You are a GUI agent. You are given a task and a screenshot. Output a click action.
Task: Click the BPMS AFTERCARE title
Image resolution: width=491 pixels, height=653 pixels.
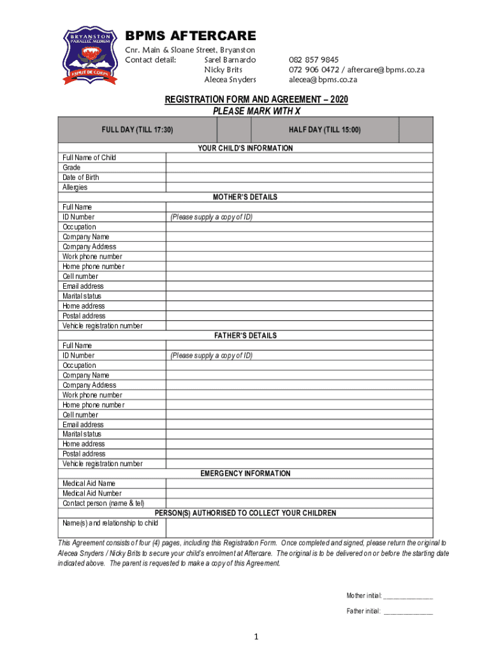click(x=190, y=36)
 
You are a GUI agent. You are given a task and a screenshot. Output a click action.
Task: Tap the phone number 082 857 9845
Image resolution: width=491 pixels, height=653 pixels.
click(x=314, y=59)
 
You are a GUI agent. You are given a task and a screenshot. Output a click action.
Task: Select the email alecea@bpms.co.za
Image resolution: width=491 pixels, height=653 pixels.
click(x=323, y=80)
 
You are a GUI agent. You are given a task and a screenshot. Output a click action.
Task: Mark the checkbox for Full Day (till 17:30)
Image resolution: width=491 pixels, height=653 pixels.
click(x=235, y=129)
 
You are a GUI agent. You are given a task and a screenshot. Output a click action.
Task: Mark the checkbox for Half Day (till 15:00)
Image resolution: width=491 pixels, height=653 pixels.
click(x=416, y=129)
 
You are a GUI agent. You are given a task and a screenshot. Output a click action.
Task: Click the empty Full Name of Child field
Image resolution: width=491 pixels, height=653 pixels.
click(x=299, y=158)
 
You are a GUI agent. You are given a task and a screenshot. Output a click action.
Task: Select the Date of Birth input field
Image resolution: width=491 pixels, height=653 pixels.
click(x=299, y=177)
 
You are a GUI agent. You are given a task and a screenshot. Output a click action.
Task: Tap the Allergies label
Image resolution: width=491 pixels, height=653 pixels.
click(x=75, y=187)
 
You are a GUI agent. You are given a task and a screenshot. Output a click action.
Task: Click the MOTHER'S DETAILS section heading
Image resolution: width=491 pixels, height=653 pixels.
click(x=246, y=197)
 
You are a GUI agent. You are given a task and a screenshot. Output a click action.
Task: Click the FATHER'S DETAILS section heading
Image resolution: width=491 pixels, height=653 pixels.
click(x=246, y=335)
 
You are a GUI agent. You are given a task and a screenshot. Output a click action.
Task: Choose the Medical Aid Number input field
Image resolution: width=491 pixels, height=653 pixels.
click(x=299, y=494)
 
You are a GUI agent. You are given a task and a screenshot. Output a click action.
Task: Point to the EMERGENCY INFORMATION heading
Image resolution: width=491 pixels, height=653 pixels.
click(x=246, y=474)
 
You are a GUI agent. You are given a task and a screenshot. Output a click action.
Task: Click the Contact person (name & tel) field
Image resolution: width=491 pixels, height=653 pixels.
click(x=299, y=504)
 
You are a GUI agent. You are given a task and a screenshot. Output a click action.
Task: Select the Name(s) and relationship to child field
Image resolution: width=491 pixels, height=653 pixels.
click(x=299, y=527)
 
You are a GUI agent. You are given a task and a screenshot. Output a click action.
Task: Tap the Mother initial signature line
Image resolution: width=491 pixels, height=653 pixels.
click(x=408, y=596)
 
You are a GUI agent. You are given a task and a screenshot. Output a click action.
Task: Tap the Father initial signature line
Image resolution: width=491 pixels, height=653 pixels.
click(x=408, y=612)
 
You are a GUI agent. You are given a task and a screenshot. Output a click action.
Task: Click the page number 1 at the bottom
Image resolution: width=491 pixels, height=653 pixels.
click(x=255, y=636)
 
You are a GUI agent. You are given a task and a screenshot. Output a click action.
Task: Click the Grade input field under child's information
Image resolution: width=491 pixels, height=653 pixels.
click(x=299, y=168)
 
